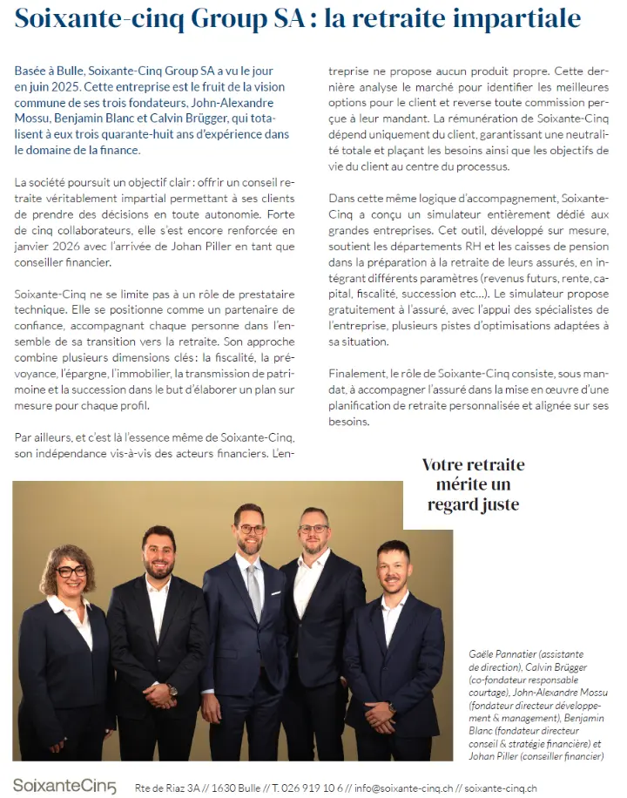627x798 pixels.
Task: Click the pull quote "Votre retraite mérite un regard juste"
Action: coord(473,484)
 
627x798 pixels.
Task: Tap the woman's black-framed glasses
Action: coord(71,571)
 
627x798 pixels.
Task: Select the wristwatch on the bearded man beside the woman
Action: coord(172,690)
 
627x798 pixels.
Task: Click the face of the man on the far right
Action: coord(393,569)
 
